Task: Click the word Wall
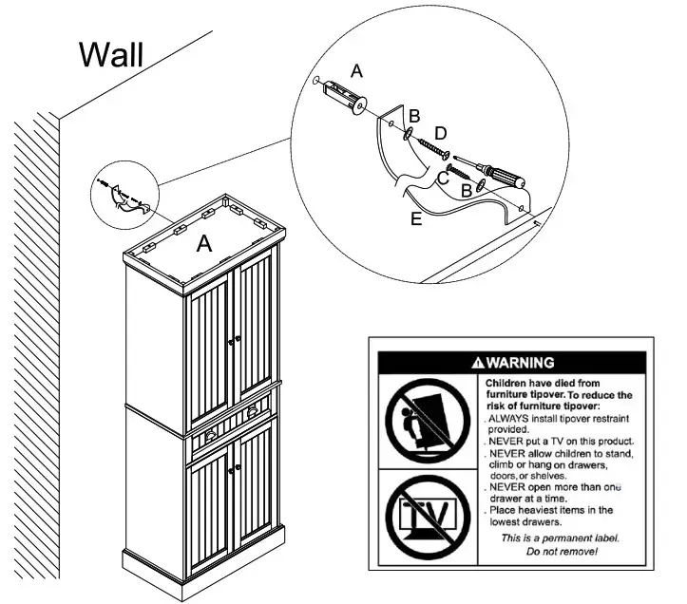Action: [x=111, y=54]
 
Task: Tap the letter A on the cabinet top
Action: [x=203, y=244]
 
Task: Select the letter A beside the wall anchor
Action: [x=357, y=71]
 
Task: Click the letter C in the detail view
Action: [x=443, y=177]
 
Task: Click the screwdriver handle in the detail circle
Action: [x=503, y=178]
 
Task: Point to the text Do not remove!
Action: [x=562, y=551]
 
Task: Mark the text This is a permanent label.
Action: [x=561, y=538]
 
